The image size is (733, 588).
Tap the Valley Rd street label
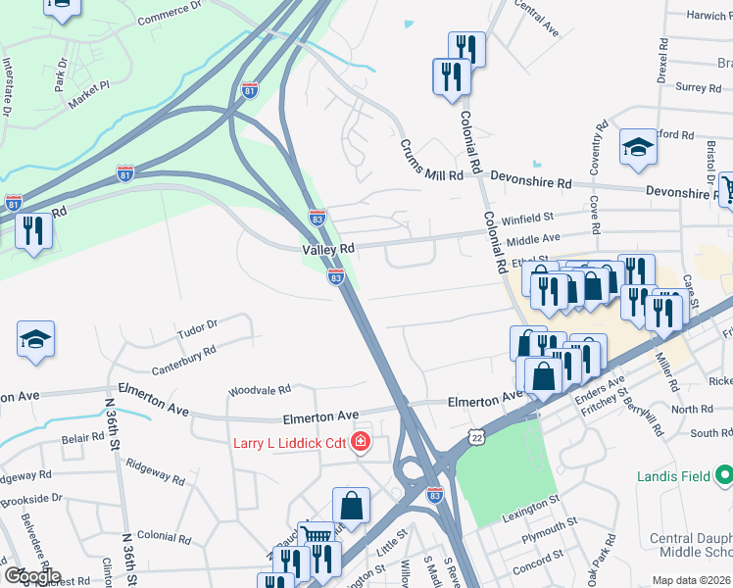click(x=327, y=250)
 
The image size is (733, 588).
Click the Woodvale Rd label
click(x=260, y=390)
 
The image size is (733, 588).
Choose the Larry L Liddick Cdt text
click(x=289, y=443)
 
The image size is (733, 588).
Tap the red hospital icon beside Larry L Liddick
click(x=361, y=443)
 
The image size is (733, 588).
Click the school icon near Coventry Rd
click(x=637, y=148)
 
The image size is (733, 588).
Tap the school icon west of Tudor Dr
click(x=35, y=340)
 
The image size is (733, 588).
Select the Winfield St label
click(x=528, y=219)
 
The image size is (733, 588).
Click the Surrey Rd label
click(x=698, y=87)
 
